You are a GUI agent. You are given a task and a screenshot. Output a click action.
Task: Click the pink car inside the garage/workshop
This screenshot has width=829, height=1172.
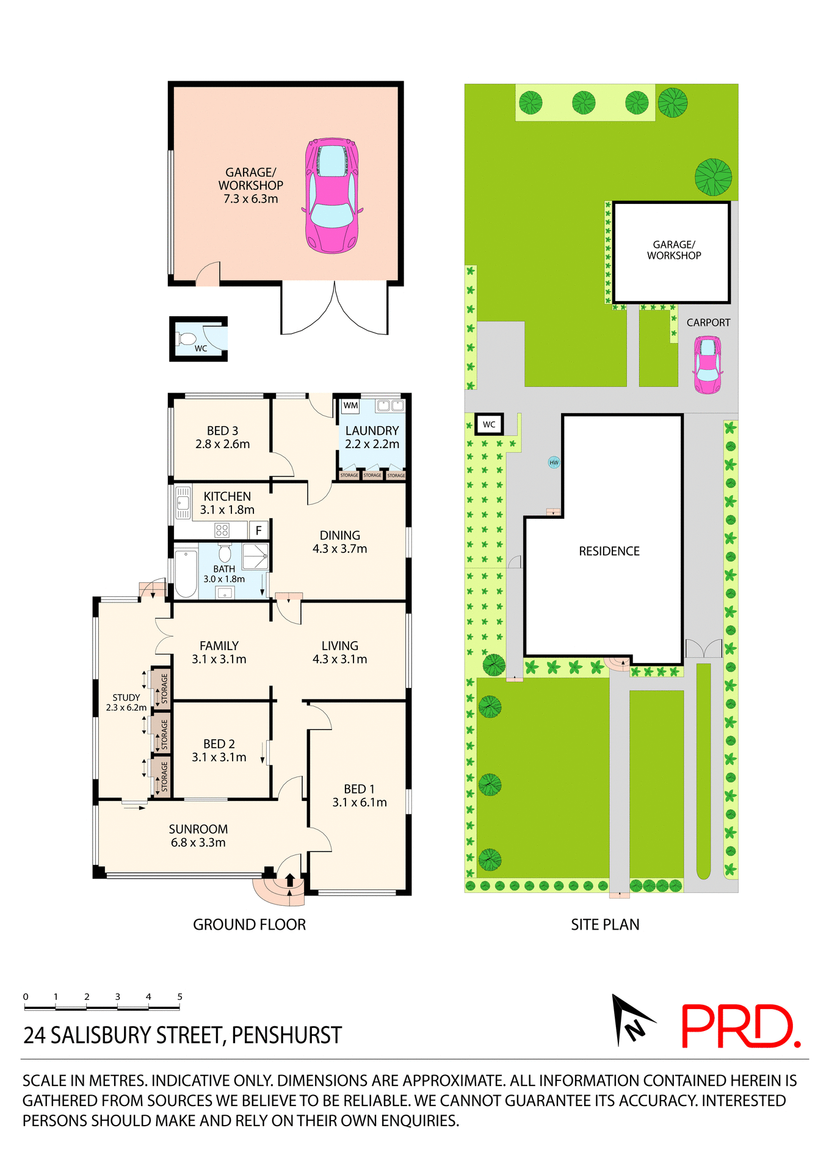coord(331,195)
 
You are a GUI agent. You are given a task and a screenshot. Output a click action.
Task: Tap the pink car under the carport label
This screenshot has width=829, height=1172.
coord(708,364)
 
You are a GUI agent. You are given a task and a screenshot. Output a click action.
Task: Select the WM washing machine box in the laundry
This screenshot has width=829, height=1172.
coord(350,405)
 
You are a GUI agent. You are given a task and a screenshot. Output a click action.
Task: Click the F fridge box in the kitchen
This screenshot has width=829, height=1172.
coord(259,530)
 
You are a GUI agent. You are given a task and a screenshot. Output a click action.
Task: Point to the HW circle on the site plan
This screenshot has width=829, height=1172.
coord(554,463)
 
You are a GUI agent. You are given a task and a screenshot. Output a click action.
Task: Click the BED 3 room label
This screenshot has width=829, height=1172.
coord(222,437)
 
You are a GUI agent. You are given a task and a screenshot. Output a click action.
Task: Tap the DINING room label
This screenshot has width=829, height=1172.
coord(340,541)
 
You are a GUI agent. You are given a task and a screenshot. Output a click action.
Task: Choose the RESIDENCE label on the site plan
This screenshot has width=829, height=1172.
coord(609,551)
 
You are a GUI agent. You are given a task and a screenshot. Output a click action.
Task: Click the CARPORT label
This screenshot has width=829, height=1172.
coord(708,322)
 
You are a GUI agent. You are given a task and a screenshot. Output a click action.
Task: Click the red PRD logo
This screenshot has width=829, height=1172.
coord(740,1027)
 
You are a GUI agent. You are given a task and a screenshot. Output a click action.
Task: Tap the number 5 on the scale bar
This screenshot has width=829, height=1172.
coord(179,997)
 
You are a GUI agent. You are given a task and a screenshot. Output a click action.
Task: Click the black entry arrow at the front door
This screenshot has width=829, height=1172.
coord(290,880)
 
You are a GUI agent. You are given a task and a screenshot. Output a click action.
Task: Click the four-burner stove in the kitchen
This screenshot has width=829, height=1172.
coord(222,530)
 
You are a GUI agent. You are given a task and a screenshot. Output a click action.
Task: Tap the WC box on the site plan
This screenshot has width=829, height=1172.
coord(490,424)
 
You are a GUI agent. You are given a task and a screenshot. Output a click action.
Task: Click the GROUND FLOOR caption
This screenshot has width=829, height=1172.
coord(249,925)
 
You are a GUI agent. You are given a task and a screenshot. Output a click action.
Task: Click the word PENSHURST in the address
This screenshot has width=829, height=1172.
coord(286,1035)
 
